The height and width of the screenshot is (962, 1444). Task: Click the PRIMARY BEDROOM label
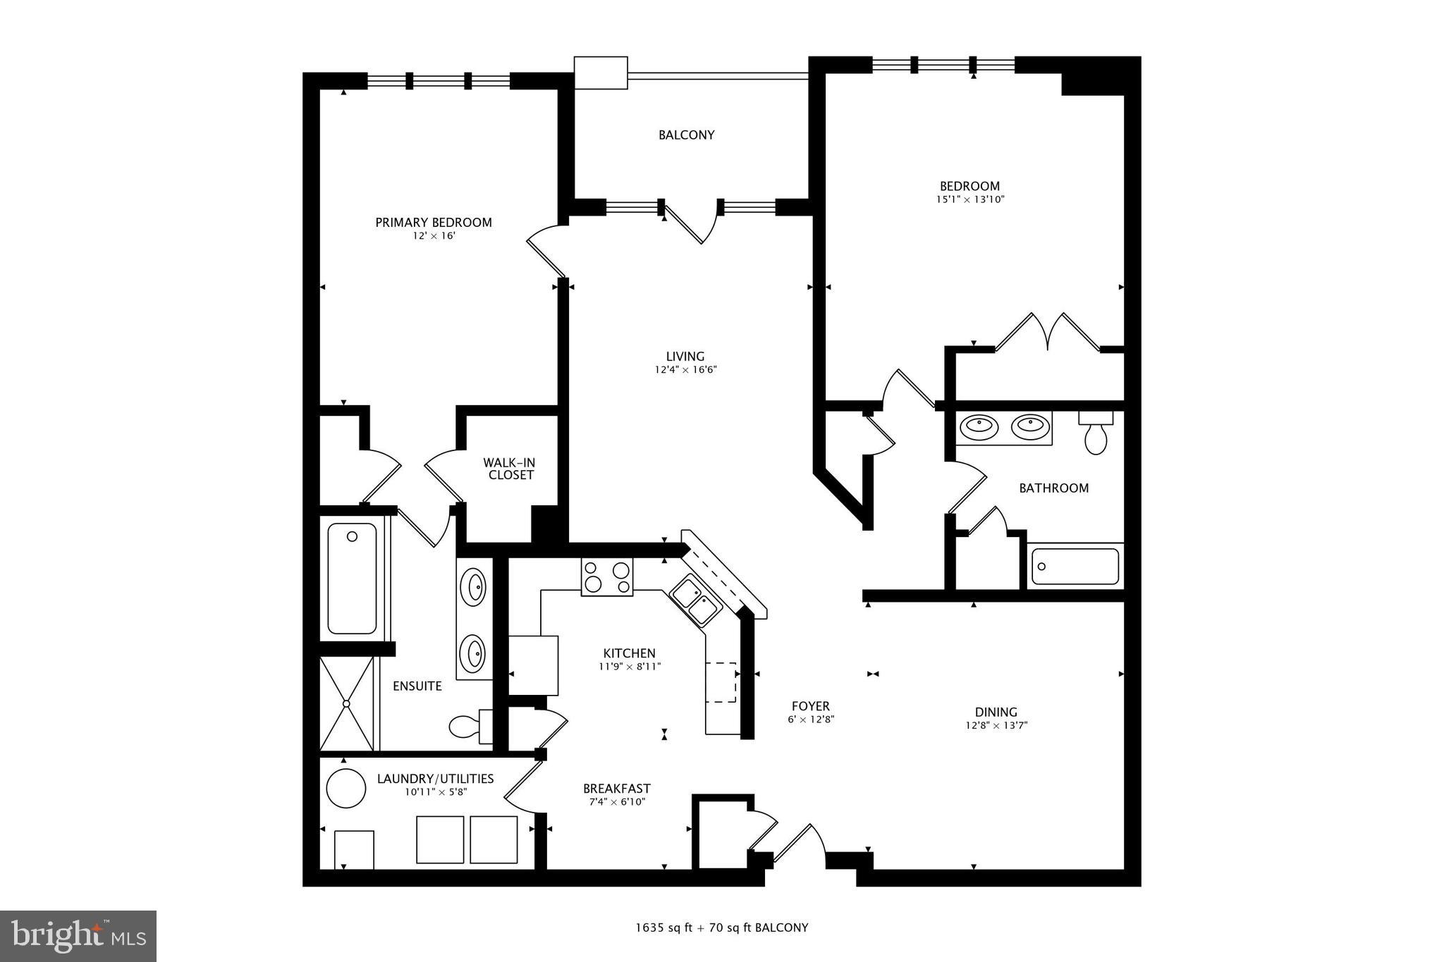coord(433,223)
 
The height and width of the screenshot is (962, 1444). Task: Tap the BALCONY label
coord(686,135)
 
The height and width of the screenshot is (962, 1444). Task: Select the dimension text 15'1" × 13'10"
coord(969,199)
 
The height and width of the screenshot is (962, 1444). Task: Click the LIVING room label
coord(685,357)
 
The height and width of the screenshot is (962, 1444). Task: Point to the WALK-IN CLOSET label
coord(509,469)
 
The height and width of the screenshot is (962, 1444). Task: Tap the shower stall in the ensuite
coord(346,703)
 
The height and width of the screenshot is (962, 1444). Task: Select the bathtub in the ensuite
coord(352,578)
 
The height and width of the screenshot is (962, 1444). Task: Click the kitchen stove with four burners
coord(606,576)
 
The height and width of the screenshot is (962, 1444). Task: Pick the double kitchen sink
coord(695,599)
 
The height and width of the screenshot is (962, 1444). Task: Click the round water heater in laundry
coord(346,788)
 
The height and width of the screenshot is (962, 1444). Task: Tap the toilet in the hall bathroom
coord(1095,435)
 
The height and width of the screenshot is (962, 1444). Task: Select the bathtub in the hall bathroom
coord(1075,567)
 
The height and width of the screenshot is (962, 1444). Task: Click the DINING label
coord(996,712)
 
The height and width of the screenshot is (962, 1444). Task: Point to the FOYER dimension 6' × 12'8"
coord(811,720)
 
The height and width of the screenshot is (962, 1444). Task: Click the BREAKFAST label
coord(616,789)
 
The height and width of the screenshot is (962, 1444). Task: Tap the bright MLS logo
coord(78,936)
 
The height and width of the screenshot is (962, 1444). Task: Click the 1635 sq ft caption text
coord(721,927)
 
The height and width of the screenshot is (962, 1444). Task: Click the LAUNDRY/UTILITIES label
coord(435,779)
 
